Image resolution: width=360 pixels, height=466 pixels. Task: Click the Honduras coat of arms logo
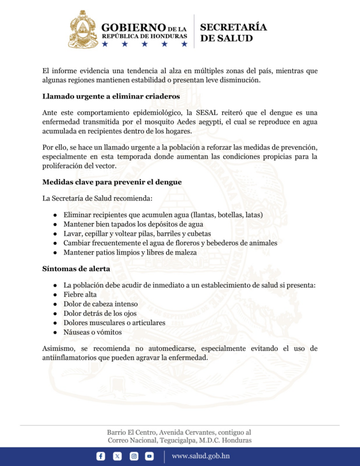(x=83, y=30)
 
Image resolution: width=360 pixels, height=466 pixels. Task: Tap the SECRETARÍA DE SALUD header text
(x=233, y=33)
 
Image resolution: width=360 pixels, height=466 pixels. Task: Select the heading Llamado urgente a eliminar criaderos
(x=111, y=96)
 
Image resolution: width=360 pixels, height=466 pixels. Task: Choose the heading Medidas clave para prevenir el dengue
(x=112, y=182)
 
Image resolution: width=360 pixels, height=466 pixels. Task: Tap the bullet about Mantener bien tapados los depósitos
(x=133, y=224)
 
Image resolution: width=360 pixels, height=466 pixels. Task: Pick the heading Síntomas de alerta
(x=76, y=268)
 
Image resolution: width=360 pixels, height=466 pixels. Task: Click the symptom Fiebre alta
(x=80, y=294)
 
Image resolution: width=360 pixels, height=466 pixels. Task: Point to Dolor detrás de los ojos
(x=100, y=313)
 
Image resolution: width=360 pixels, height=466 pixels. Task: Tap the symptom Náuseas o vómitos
(x=92, y=332)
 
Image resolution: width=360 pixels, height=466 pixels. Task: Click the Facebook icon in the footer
(x=101, y=456)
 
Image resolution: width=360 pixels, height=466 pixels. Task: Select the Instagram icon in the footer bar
(x=134, y=456)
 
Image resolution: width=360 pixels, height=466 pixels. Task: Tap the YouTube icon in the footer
(x=149, y=456)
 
